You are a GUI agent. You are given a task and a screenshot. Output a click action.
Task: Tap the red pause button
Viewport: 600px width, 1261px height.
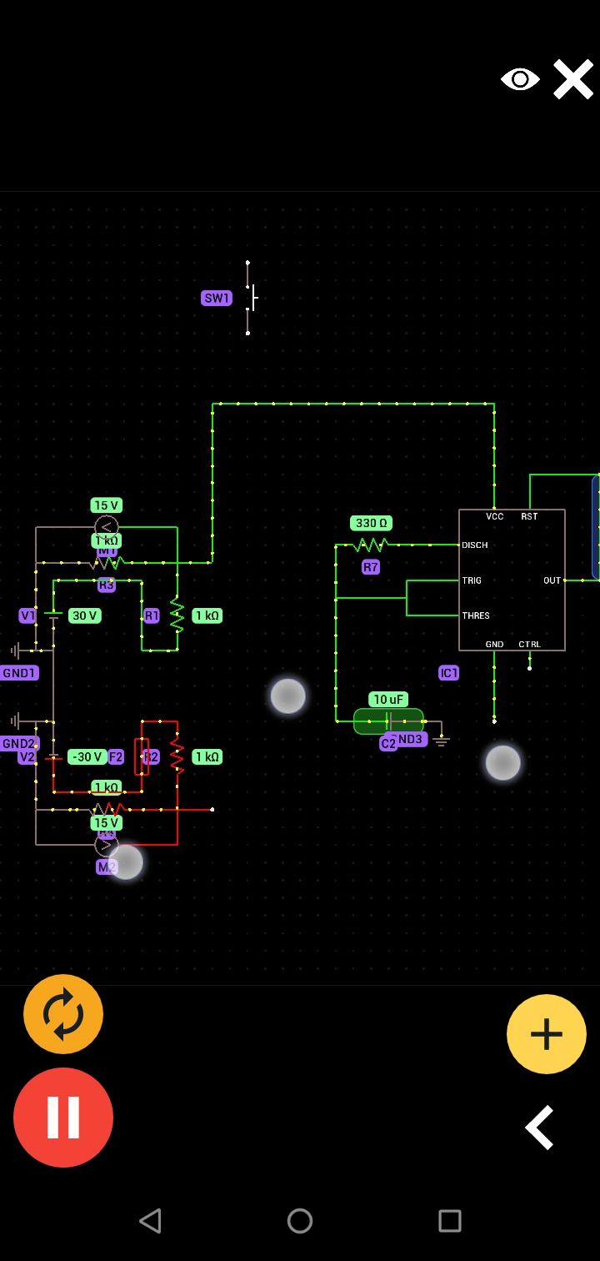coord(63,1118)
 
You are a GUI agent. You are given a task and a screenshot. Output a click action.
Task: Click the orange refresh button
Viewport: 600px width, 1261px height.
coord(63,1014)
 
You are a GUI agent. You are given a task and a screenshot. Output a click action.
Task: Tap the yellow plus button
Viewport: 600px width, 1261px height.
coord(547,1034)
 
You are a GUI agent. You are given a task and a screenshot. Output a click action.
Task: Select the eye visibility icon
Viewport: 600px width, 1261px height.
coord(520,79)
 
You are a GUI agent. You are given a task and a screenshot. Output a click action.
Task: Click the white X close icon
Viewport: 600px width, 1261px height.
coord(573,79)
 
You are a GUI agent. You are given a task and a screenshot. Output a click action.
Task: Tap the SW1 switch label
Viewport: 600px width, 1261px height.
coord(217,299)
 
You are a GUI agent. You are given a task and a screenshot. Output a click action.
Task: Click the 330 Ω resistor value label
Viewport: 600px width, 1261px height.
coord(371,523)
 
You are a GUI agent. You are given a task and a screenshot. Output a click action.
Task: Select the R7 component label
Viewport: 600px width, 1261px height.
coord(371,567)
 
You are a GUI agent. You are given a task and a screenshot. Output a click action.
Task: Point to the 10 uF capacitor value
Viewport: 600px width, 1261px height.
coord(388,700)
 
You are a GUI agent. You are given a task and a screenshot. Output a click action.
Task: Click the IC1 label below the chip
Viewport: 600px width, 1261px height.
coord(448,673)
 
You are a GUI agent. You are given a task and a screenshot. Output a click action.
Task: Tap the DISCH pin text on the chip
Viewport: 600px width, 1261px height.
coord(475,545)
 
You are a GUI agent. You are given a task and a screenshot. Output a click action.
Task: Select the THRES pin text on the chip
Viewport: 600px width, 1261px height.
coord(476,615)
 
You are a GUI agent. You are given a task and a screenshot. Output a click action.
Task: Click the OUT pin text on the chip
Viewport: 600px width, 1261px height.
coord(552,580)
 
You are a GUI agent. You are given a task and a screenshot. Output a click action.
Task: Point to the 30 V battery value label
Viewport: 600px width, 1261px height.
coord(84,615)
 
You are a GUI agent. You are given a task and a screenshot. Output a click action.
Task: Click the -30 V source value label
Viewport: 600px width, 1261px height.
coord(87,757)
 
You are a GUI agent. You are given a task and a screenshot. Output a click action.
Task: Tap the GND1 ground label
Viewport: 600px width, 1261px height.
coord(18,673)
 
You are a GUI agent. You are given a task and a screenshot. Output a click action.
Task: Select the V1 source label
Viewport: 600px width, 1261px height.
coord(27,615)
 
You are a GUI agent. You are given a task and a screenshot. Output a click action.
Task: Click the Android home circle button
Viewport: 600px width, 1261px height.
coord(300,1221)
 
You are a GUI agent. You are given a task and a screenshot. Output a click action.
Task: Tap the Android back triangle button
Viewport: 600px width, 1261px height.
coord(150,1221)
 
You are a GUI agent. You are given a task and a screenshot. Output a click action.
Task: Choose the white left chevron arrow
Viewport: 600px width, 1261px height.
coord(540,1128)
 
